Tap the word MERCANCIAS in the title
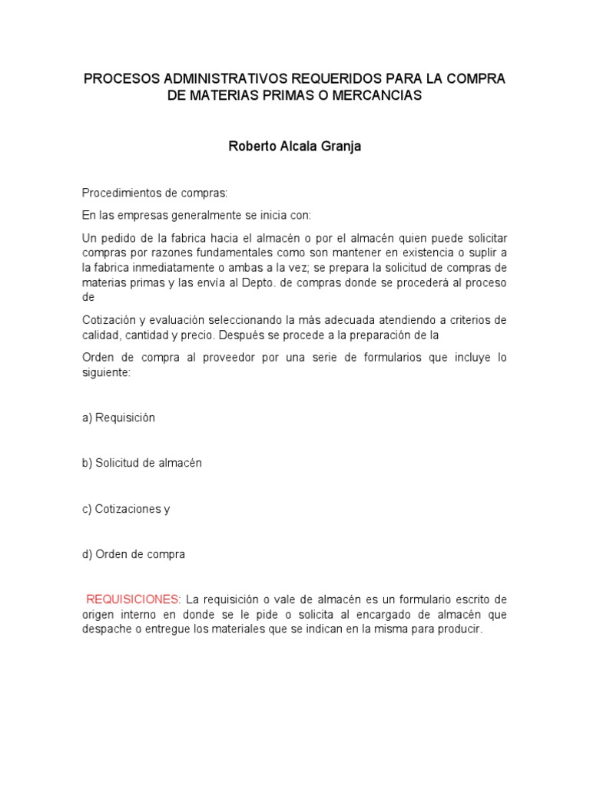tap(379, 97)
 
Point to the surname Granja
tap(340, 147)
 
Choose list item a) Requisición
tap(118, 418)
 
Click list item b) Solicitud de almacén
tap(141, 463)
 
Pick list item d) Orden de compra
tap(134, 554)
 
